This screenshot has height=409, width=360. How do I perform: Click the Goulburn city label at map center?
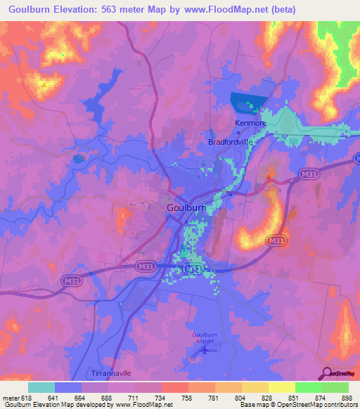(187, 208)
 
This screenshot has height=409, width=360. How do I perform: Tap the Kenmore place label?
(250, 122)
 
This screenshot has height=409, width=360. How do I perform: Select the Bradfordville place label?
(230, 141)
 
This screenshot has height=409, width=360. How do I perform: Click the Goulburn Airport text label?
(204, 339)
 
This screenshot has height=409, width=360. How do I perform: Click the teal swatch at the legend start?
(41, 387)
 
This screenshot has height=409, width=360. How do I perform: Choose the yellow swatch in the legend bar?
(281, 387)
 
